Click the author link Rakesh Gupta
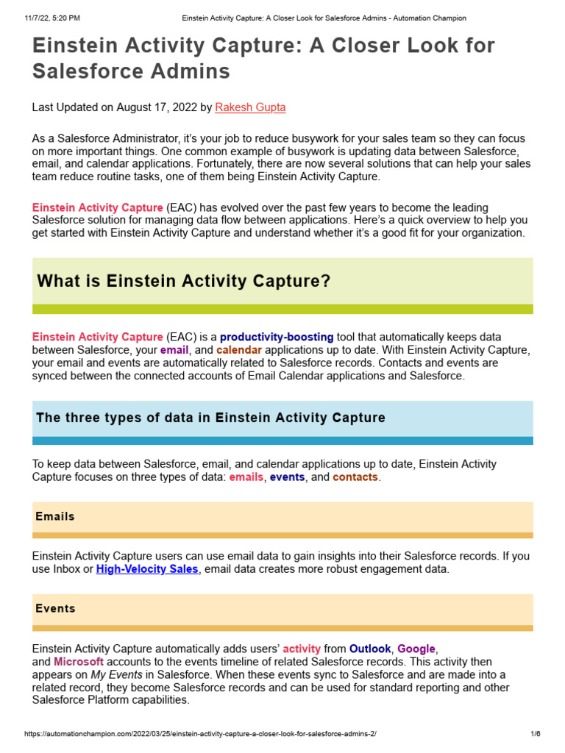tap(250, 107)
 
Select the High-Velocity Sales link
tap(147, 569)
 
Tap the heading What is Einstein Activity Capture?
tap(184, 281)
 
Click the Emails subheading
tap(55, 517)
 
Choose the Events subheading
tap(55, 609)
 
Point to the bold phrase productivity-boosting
tap(277, 338)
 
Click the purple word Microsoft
tap(79, 662)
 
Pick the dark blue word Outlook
tap(370, 649)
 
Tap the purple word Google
tap(416, 649)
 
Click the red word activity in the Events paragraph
tap(302, 649)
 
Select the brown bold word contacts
tap(355, 477)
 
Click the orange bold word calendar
tap(239, 350)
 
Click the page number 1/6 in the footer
tap(536, 735)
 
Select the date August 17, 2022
tap(152, 107)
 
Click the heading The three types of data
tap(210, 418)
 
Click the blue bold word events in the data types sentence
tap(287, 477)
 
